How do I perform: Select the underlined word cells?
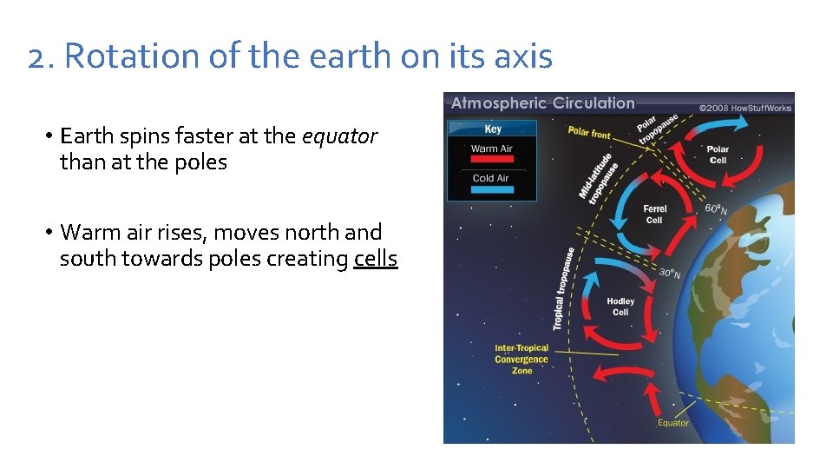click(376, 259)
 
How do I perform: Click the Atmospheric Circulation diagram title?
click(542, 103)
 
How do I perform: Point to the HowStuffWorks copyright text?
click(745, 108)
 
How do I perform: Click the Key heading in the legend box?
click(492, 129)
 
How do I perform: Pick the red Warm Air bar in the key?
click(491, 160)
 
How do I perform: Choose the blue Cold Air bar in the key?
click(491, 190)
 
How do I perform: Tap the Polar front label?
click(589, 133)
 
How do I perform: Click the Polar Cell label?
click(718, 155)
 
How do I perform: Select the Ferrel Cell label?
click(654, 215)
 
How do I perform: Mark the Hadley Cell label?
click(620, 307)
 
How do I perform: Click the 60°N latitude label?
click(716, 209)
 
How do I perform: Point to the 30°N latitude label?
click(669, 274)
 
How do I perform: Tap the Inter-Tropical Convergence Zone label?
click(521, 360)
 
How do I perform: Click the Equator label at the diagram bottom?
click(672, 423)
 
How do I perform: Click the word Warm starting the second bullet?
click(90, 233)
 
